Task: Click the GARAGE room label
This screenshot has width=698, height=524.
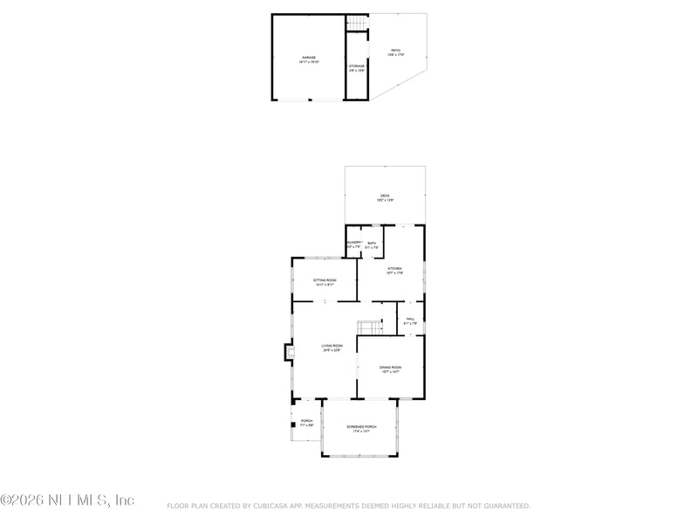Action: point(310,58)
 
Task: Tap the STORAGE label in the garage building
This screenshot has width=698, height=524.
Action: point(357,66)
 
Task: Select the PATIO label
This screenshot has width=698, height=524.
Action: point(396,52)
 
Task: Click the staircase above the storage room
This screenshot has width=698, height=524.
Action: point(357,23)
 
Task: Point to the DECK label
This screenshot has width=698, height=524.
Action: point(385,196)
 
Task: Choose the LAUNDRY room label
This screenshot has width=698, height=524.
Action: point(353,243)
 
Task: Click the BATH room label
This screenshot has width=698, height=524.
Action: point(372,243)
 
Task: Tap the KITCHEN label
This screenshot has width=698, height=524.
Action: point(395,269)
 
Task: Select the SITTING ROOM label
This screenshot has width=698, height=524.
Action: point(325,280)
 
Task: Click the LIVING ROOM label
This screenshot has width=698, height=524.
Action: point(332,346)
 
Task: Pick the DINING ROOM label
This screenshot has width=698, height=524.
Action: point(390,367)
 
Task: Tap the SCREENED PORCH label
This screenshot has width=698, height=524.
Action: point(361,427)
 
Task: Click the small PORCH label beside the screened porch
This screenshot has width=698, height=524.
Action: point(307,421)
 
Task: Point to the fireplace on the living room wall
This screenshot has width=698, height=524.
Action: point(287,352)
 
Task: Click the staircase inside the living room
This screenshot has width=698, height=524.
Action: point(370,327)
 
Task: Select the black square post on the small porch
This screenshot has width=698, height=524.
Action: point(293,426)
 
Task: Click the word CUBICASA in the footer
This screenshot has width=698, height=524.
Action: point(279,506)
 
